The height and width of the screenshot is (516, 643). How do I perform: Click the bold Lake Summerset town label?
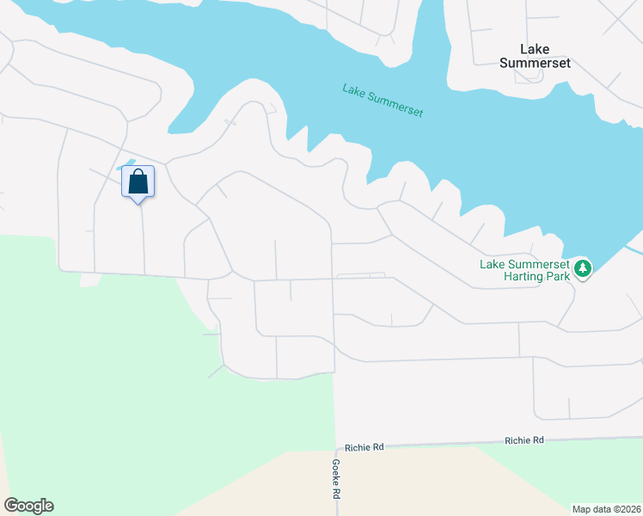pyautogui.click(x=536, y=56)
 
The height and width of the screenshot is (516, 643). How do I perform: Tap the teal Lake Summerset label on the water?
pyautogui.click(x=383, y=101)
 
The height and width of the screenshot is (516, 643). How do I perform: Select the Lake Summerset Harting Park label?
pyautogui.click(x=524, y=270)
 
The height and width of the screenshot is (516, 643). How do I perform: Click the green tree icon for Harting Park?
pyautogui.click(x=584, y=268)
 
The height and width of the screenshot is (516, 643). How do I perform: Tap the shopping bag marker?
pyautogui.click(x=138, y=182)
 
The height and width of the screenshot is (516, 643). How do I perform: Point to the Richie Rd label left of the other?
pyautogui.click(x=364, y=447)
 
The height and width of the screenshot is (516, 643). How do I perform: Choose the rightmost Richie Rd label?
pyautogui.click(x=524, y=440)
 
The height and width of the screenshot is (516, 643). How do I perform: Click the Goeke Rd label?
pyautogui.click(x=336, y=479)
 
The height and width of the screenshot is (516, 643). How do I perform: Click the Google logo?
pyautogui.click(x=28, y=506)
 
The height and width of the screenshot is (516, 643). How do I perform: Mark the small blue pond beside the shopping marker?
pyautogui.click(x=128, y=163)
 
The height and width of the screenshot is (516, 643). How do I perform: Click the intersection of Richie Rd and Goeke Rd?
pyautogui.click(x=334, y=448)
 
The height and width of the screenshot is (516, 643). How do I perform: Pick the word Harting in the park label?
pyautogui.click(x=551, y=276)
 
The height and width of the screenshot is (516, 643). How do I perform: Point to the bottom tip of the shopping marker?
pyautogui.click(x=138, y=203)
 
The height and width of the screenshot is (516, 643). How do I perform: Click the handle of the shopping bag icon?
pyautogui.click(x=138, y=174)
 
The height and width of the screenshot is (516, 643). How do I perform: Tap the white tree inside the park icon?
pyautogui.click(x=584, y=268)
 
